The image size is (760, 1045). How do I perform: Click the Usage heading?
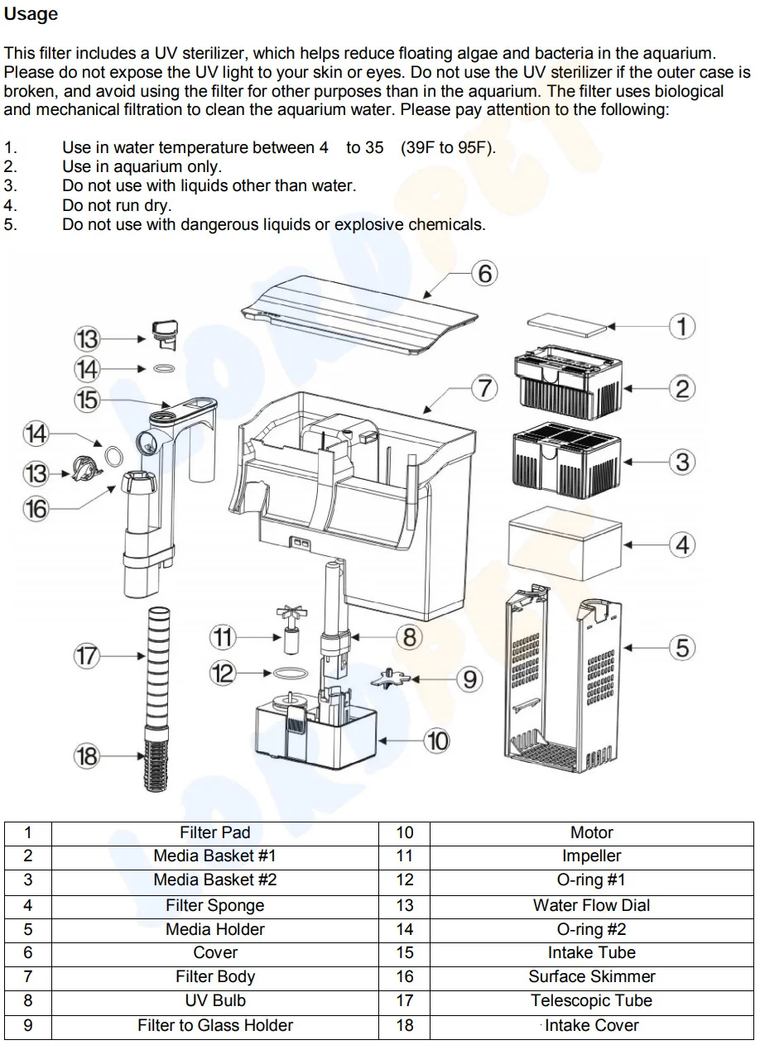pos(31,14)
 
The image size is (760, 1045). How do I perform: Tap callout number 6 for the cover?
pos(484,273)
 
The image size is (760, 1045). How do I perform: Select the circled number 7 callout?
pos(484,388)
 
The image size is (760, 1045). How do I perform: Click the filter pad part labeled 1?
pos(567,324)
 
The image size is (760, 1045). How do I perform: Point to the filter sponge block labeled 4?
pos(565,544)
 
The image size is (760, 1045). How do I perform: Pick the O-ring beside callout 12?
pos(291,673)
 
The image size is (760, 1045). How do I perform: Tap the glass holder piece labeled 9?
pos(390,678)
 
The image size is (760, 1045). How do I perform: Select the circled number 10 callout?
pos(437,741)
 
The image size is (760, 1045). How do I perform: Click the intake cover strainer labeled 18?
pos(156,765)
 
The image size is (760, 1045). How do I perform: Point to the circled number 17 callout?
pos(87,656)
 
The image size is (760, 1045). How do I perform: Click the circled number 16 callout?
pos(36,509)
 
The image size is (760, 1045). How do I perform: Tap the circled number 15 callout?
pos(87,400)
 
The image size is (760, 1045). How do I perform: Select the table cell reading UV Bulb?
pos(215,1000)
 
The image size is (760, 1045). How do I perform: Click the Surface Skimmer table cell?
pos(591,976)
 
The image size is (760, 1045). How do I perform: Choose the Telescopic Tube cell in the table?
pos(591,1000)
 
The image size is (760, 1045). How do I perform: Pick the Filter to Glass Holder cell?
pos(215,1025)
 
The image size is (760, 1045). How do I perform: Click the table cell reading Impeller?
pos(591,856)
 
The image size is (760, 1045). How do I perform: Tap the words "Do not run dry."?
pos(118,205)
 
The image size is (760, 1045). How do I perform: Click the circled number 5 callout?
pos(682,648)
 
